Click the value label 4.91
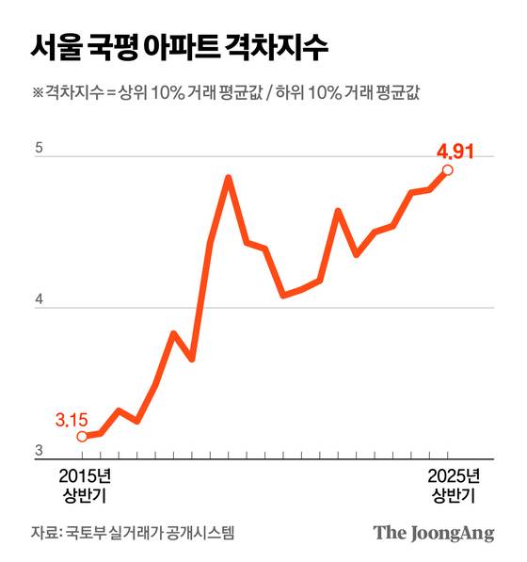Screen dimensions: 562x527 pyautogui.click(x=453, y=150)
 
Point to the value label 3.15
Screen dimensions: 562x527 pyautogui.click(x=71, y=417)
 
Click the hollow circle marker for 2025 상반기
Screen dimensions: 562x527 pyautogui.click(x=448, y=170)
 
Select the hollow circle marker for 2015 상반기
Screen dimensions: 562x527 pyautogui.click(x=82, y=436)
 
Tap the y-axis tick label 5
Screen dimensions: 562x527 pyautogui.click(x=38, y=148)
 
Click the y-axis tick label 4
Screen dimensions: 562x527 pyautogui.click(x=38, y=300)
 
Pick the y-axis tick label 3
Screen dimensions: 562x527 pyautogui.click(x=38, y=452)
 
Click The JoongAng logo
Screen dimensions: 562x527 pyautogui.click(x=433, y=532)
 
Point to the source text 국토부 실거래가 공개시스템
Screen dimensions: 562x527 pyautogui.click(x=150, y=532)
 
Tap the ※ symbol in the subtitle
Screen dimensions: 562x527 pyautogui.click(x=38, y=93)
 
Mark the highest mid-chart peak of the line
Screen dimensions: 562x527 pyautogui.click(x=228, y=177)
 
